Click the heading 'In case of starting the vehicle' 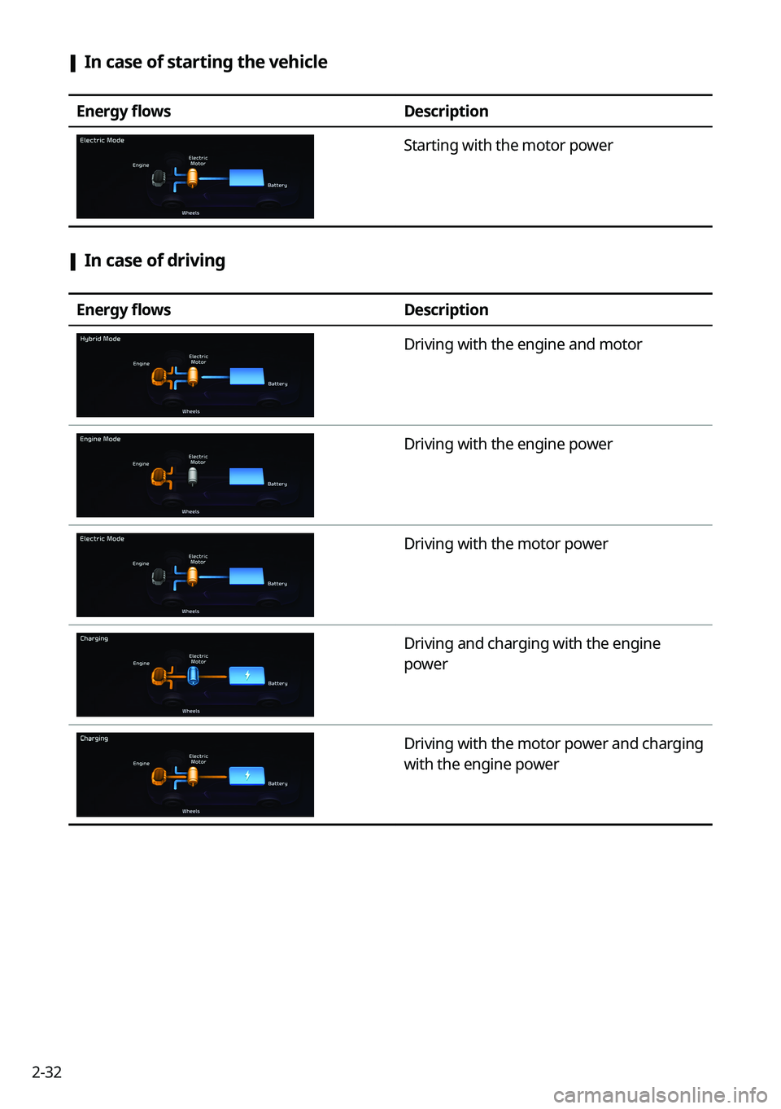pos(205,63)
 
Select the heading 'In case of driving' pos(155,261)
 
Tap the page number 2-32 pos(46,1072)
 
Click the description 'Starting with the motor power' pos(508,146)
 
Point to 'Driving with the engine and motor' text pos(522,344)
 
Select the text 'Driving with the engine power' pos(508,445)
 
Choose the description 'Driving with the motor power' pos(505,544)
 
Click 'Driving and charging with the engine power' pos(532,654)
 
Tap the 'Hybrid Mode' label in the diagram pos(100,340)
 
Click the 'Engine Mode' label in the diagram pos(100,440)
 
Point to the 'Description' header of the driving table pos(446,310)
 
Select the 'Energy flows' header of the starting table pos(124,112)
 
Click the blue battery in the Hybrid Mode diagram pos(247,376)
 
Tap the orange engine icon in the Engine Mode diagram pos(159,476)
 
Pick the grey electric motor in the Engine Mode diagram pos(193,476)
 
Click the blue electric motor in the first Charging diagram pos(194,675)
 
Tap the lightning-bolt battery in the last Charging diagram pos(247,775)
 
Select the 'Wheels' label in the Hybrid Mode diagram pos(191,412)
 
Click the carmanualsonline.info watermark pos(660,1095)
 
